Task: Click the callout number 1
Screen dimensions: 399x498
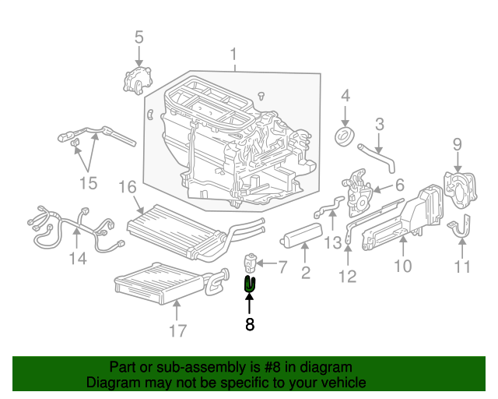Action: [232, 55]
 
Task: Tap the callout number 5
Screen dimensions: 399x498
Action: [139, 37]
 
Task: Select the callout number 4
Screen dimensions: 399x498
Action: [345, 97]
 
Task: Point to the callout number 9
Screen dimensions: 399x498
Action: [458, 143]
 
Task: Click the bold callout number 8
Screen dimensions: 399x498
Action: [250, 325]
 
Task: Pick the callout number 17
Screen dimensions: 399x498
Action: [178, 330]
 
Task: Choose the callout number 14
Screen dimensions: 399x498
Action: [76, 259]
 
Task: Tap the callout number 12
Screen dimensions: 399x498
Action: [347, 276]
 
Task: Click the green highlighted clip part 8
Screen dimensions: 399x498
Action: [250, 284]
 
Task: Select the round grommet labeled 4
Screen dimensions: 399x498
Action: [344, 137]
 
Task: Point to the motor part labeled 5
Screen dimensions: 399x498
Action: [139, 81]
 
